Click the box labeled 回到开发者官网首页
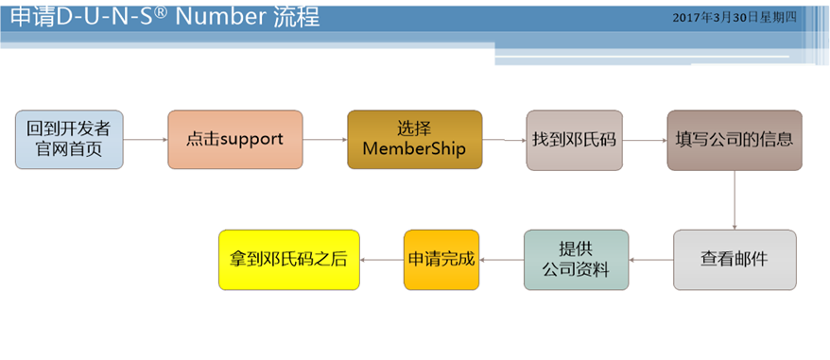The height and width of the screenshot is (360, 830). tap(69, 140)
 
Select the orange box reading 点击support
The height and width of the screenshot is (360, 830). tap(234, 140)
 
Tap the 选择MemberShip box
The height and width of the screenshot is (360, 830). tap(414, 140)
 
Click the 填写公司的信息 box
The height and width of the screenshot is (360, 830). tap(735, 140)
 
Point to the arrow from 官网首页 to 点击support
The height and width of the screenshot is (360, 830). tap(146, 140)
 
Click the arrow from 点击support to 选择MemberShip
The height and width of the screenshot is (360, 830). tap(324, 140)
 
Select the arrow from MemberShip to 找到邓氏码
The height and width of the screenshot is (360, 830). tap(504, 141)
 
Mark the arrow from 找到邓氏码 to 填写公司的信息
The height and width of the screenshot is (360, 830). tap(646, 140)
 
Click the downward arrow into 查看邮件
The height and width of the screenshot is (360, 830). tap(735, 200)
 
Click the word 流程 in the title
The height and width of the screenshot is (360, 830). tap(295, 16)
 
